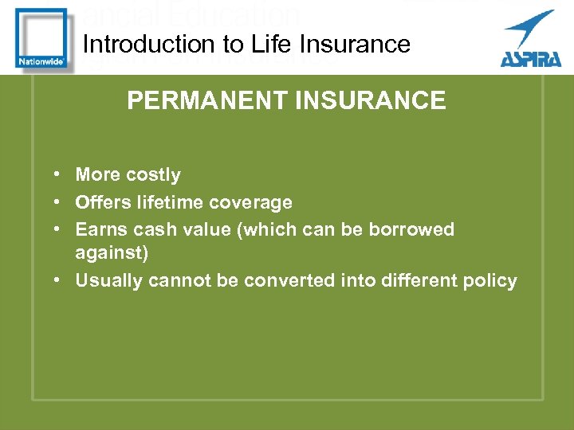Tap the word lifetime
(171, 203)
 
